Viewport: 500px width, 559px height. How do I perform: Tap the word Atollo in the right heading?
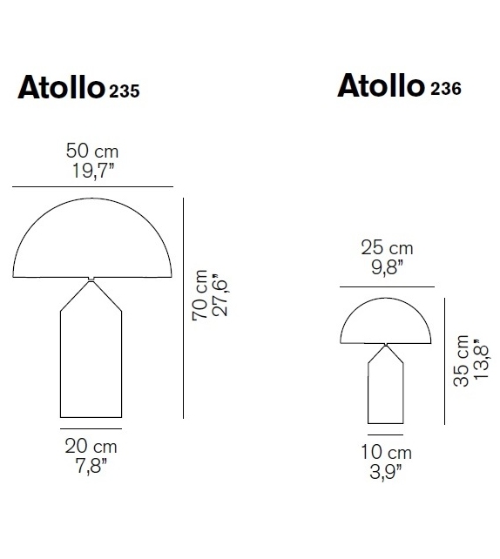pyautogui.click(x=381, y=86)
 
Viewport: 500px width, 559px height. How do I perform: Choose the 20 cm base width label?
pyautogui.click(x=91, y=447)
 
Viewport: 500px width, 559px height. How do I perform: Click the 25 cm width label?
pyautogui.click(x=387, y=248)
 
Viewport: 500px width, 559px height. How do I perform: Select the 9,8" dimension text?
pyautogui.click(x=387, y=266)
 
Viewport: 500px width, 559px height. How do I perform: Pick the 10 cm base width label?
pyautogui.click(x=386, y=453)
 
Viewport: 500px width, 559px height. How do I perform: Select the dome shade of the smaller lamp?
pyautogui.click(x=386, y=322)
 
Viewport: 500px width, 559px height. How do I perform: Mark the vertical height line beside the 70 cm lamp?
pyautogui.click(x=185, y=308)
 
